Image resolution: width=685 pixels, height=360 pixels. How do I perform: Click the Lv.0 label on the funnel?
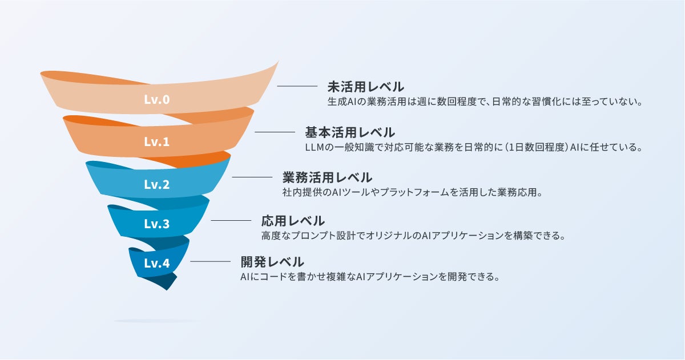coord(157,100)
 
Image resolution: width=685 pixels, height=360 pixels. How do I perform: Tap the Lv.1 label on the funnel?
coord(157,141)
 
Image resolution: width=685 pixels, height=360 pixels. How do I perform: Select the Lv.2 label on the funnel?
coord(157,184)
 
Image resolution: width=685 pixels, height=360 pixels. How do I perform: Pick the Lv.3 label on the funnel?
coord(157,224)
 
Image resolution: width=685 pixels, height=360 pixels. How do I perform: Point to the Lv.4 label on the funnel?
coord(157,263)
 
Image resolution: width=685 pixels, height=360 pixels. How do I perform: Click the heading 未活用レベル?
coord(365,87)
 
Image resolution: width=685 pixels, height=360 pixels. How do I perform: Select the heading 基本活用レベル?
coord(349,132)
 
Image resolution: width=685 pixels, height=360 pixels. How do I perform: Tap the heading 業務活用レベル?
coord(327,177)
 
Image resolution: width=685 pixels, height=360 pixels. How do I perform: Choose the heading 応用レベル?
coord(293,220)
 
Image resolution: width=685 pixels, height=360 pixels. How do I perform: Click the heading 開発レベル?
coord(272,262)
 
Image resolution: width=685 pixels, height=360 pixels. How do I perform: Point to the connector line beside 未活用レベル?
coord(297,86)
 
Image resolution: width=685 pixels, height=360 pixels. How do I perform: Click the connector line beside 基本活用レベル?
coord(275,132)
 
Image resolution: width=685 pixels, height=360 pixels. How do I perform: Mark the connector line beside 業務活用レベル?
coord(252,177)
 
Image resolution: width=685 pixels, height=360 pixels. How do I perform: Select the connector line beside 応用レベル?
coord(231,220)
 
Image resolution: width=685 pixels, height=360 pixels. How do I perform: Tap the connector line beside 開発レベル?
coord(210,262)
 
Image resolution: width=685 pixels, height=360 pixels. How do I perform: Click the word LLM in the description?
coord(316,148)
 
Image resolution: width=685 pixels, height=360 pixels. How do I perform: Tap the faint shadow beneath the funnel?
coord(157,321)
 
